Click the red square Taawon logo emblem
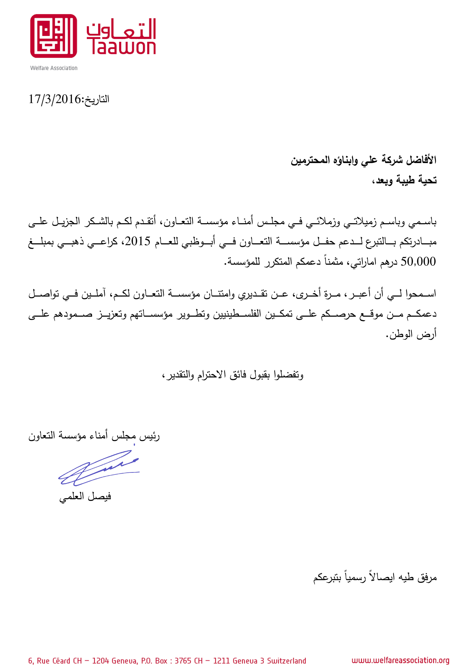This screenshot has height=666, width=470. click(x=53, y=36)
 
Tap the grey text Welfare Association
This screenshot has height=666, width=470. click(x=54, y=68)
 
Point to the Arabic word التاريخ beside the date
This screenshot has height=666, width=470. click(x=97, y=99)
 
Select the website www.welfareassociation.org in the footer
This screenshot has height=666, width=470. click(x=400, y=661)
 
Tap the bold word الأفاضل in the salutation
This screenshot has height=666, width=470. click(x=421, y=160)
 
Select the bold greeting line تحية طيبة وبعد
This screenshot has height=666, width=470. click(x=405, y=180)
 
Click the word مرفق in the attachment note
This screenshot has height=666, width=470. click(x=427, y=578)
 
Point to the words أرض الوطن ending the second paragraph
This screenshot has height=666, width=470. click(x=411, y=335)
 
